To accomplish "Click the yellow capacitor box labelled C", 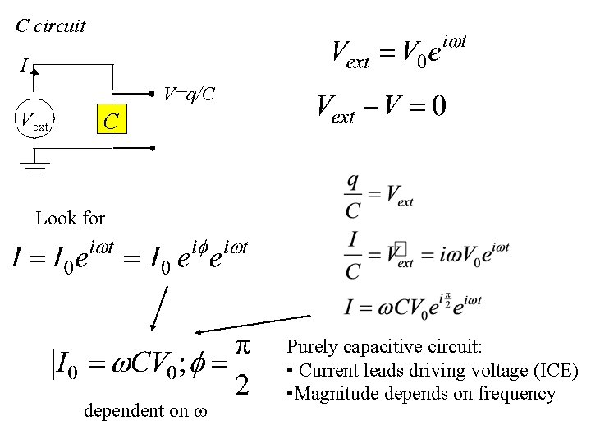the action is [x=112, y=122].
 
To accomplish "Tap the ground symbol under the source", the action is [x=34, y=168].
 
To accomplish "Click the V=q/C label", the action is [x=189, y=95].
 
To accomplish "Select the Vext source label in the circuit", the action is [x=34, y=124].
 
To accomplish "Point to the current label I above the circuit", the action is [x=24, y=64].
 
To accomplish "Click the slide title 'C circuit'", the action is [x=51, y=25].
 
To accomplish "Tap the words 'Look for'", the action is [x=71, y=219].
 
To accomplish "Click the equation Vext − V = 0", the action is [x=382, y=107].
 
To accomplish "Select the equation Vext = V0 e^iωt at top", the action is [x=400, y=51].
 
